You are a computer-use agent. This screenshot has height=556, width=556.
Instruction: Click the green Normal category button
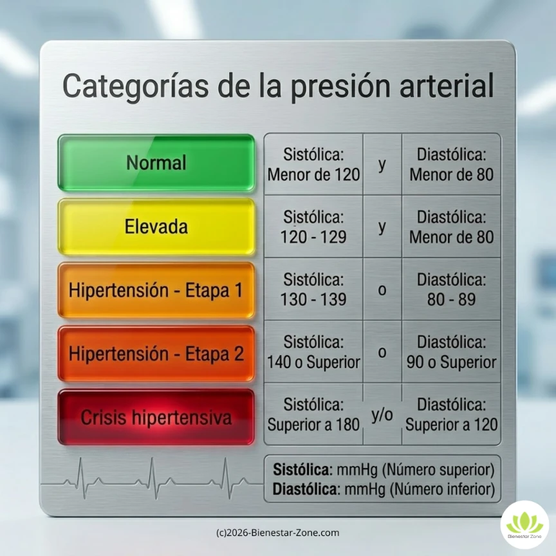(x=156, y=163)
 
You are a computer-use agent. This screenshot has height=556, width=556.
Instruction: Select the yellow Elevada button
(x=156, y=227)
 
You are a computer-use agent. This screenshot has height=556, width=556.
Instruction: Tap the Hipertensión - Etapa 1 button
(x=156, y=290)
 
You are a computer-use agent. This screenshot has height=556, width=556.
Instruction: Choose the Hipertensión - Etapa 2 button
(x=156, y=353)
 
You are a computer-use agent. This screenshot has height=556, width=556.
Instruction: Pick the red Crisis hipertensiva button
(x=156, y=417)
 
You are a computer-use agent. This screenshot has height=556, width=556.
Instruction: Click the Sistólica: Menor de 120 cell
(x=313, y=164)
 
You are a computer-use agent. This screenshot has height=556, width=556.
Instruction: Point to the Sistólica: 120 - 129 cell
(x=313, y=227)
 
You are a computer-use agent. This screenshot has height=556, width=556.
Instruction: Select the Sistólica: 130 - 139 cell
(x=313, y=290)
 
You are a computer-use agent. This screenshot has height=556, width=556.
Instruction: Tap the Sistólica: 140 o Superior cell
(x=313, y=353)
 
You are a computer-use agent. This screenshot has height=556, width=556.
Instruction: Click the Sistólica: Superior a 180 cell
(x=313, y=415)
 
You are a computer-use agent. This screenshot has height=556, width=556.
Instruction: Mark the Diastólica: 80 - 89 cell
(x=451, y=290)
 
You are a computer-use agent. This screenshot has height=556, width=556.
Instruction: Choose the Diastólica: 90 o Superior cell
(x=451, y=353)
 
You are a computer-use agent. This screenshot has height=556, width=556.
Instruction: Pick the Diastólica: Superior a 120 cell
(x=451, y=415)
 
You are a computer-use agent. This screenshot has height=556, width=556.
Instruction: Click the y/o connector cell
(x=382, y=415)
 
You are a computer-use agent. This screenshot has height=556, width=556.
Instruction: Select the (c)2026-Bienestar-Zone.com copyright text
(x=277, y=533)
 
